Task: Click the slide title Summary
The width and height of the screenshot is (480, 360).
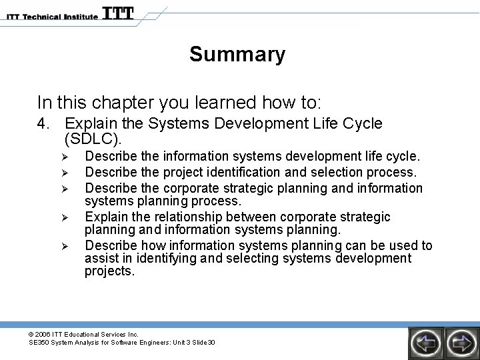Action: [237, 54]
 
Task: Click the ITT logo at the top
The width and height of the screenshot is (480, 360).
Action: [118, 13]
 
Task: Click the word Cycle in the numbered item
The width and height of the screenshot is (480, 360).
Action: [361, 123]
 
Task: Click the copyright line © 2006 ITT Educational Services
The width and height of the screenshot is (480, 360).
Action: [83, 334]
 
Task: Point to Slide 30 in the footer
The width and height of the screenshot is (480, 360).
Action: [201, 343]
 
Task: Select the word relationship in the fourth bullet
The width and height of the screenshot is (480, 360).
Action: [186, 217]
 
